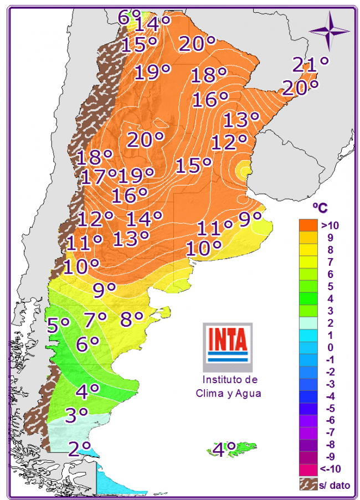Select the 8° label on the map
point(132,319)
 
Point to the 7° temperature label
point(95,319)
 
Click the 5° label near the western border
point(58,324)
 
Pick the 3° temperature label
point(76,414)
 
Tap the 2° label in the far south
point(79,447)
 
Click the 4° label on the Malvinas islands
point(224,449)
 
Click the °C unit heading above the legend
point(320,207)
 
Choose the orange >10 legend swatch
point(308,225)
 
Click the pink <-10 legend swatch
point(308,470)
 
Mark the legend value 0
point(330,347)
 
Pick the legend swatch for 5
point(308,286)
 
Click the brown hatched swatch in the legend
point(308,484)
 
